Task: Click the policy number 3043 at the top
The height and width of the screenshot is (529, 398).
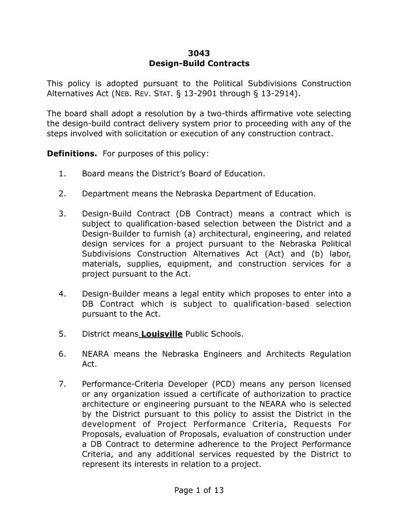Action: coord(199,53)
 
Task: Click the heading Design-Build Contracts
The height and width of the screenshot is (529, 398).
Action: coord(199,64)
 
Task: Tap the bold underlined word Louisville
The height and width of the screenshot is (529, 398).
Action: coord(161,334)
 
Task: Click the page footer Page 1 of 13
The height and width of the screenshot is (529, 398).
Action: coord(199,490)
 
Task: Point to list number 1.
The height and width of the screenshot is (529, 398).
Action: coord(62,174)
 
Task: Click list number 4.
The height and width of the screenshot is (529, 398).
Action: coord(62,294)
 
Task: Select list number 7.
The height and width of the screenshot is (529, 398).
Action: coord(62,384)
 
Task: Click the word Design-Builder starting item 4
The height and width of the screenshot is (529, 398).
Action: coord(108,294)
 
